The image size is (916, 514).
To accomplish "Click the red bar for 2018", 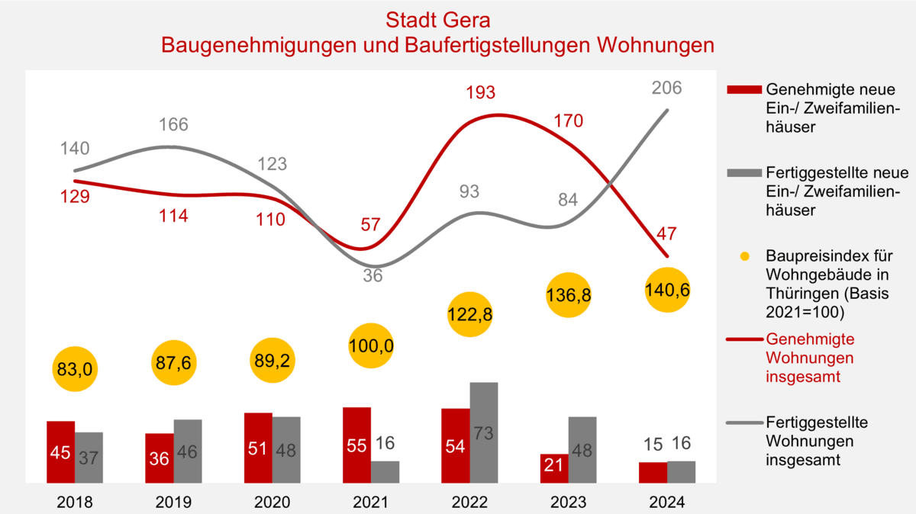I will coord(60,451).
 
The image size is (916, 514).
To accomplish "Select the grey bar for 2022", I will coord(484,432).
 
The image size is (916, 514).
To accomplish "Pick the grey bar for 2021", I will coord(385,471).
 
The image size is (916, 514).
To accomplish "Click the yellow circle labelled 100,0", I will coord(373,345).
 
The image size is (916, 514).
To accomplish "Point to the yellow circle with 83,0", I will coord(76,370).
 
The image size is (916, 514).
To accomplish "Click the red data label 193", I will coord(481,92).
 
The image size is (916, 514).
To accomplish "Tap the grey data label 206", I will coord(666,88).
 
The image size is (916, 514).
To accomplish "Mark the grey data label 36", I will coord(373,276).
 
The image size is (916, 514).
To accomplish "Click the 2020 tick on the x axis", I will coord(273,503).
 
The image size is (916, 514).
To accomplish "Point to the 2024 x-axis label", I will coord(667,503).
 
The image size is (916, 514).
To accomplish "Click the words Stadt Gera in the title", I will coord(437,19).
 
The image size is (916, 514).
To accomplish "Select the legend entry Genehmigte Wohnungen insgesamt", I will coord(810,358).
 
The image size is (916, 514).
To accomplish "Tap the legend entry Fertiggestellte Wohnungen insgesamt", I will coord(816,441).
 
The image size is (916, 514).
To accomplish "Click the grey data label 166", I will coord(173,124).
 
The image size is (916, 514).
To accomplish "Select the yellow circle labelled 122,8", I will coord(471,315).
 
